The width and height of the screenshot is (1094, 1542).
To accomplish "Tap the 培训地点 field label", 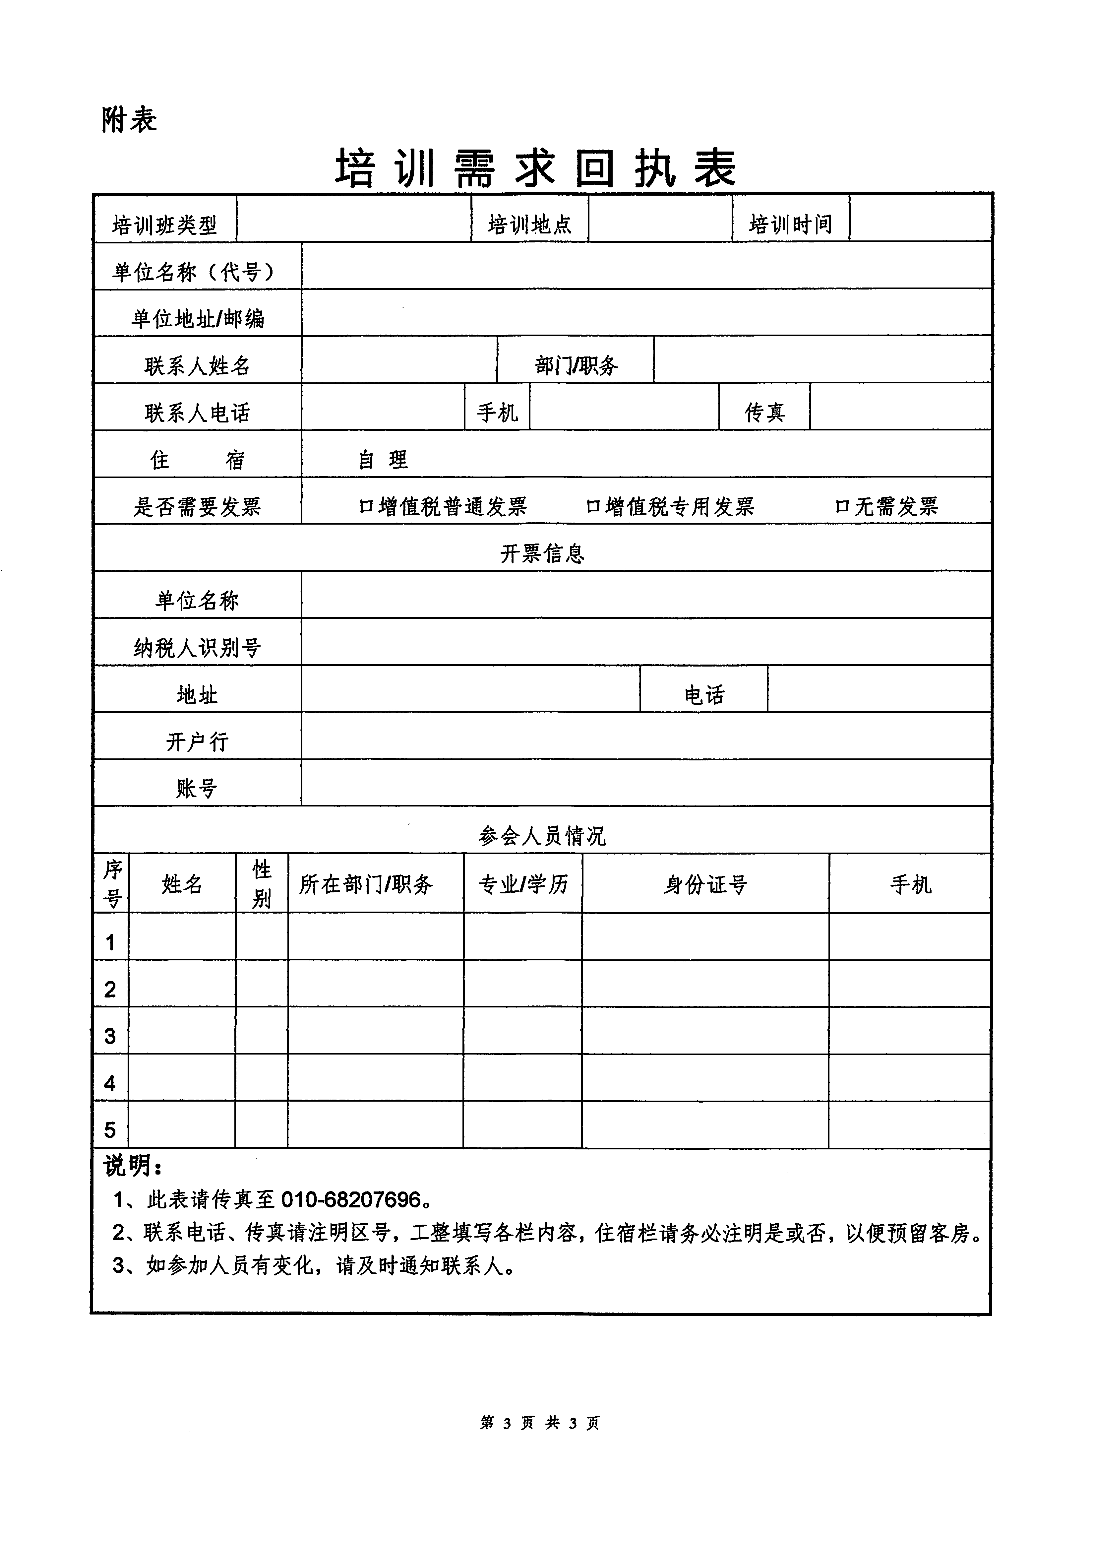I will (x=529, y=224).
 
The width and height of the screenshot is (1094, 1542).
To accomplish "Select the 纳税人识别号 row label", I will (x=197, y=648).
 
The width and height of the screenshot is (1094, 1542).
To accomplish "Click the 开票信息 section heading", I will (x=542, y=554).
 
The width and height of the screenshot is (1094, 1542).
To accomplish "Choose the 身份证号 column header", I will (x=705, y=884).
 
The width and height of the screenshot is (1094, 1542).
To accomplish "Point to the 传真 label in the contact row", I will (x=764, y=412).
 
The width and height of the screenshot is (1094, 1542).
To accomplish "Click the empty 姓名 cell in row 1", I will (x=182, y=937).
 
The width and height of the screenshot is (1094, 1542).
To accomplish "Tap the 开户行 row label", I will (x=197, y=742).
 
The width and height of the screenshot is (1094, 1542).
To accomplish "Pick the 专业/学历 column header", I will (x=523, y=884).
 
